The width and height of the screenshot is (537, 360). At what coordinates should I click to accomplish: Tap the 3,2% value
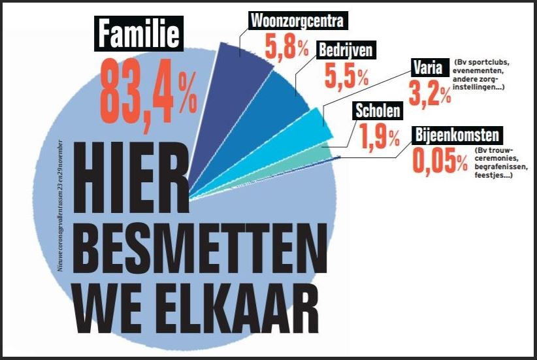429,93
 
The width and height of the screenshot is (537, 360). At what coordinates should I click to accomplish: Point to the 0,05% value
439,161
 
